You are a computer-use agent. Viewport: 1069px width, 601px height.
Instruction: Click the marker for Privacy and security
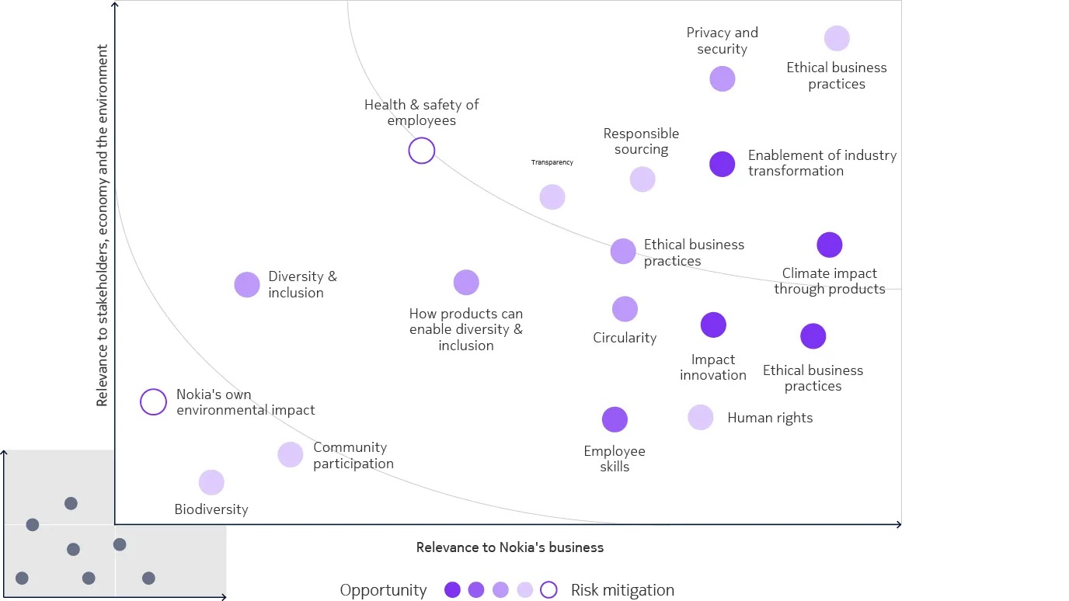pyautogui.click(x=723, y=78)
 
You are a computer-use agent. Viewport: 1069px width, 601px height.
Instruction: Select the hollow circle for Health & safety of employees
pyautogui.click(x=421, y=150)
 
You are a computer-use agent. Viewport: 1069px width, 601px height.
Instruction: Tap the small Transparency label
pyautogui.click(x=552, y=162)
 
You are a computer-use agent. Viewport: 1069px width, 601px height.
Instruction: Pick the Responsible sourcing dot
pyautogui.click(x=642, y=179)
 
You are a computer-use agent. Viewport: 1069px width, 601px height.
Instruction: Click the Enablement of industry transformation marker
pyautogui.click(x=723, y=164)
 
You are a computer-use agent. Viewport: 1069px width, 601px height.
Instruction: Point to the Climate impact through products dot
pyautogui.click(x=830, y=245)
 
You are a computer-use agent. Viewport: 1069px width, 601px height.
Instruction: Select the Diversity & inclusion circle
pyautogui.click(x=247, y=285)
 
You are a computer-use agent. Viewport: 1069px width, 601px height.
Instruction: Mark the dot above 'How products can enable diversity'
pyautogui.click(x=466, y=283)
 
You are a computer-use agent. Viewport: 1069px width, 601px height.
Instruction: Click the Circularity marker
pyautogui.click(x=625, y=309)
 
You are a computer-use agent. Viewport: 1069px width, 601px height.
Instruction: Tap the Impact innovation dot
pyautogui.click(x=713, y=325)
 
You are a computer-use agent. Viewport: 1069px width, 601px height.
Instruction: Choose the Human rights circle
pyautogui.click(x=701, y=417)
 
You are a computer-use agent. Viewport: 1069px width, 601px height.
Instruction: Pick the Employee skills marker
pyautogui.click(x=615, y=419)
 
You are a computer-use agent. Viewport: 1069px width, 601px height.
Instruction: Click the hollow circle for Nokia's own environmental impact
pyautogui.click(x=153, y=402)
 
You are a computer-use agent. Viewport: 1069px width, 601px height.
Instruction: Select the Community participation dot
pyautogui.click(x=291, y=455)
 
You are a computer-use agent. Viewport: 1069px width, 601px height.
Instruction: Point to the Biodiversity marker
pyautogui.click(x=211, y=482)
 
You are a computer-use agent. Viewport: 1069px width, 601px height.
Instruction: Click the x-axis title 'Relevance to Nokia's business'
pyautogui.click(x=510, y=547)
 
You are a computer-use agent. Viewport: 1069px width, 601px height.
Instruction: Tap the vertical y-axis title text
pyautogui.click(x=102, y=225)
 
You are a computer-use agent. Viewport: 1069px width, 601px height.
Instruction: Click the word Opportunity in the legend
pyautogui.click(x=383, y=590)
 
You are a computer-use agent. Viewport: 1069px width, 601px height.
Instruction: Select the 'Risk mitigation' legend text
pyautogui.click(x=622, y=590)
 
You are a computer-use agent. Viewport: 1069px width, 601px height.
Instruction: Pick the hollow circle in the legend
pyautogui.click(x=548, y=590)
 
